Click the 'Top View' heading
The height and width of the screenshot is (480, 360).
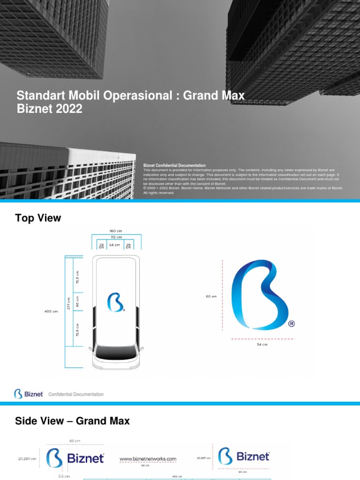38,218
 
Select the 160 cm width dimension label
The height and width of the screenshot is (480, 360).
116,231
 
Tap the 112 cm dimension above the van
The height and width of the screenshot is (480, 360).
116,238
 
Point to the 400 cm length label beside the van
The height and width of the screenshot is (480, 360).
51,311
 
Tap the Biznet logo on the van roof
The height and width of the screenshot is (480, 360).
116,302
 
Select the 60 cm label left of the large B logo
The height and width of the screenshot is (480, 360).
210,296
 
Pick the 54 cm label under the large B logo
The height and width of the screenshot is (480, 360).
262,345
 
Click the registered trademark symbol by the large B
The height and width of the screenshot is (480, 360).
292,324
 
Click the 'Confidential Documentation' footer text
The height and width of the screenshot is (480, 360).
76,394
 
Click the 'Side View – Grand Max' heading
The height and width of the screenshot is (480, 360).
72,421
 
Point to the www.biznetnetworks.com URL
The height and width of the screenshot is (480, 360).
148,459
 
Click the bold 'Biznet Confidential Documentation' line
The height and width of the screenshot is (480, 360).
174,165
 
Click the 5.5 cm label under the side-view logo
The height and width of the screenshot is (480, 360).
64,476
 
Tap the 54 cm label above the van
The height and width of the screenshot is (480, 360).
114,245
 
